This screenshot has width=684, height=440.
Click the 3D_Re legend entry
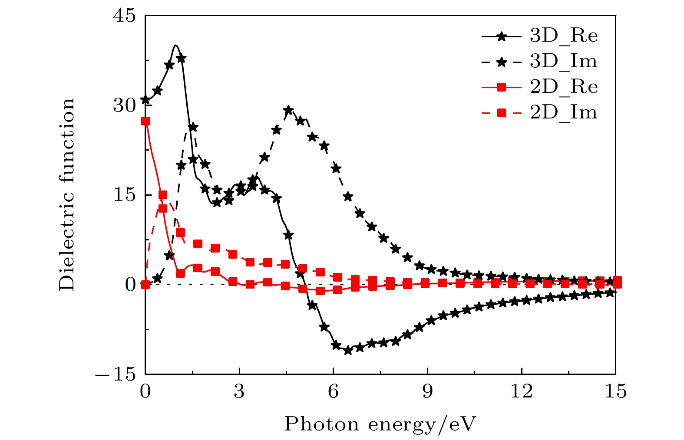tap(540, 36)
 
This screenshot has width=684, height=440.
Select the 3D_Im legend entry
tap(540, 62)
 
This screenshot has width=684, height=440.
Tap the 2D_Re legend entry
tap(540, 87)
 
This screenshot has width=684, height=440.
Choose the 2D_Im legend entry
tap(540, 113)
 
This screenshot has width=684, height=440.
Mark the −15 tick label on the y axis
tap(117, 374)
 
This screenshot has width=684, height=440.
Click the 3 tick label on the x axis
tap(239, 392)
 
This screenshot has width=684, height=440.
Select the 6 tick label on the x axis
tap(333, 392)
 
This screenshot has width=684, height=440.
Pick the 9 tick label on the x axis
tap(427, 392)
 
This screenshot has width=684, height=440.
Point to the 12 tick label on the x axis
tap(522, 392)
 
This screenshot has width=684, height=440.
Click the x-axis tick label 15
tap(615, 392)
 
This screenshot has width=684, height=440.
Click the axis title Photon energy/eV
tap(380, 424)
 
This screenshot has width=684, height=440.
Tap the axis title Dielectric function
tap(67, 194)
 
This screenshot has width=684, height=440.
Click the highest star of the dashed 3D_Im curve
tap(289, 110)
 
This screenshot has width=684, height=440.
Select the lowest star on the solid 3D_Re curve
tap(347, 350)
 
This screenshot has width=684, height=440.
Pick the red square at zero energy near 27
tap(145, 121)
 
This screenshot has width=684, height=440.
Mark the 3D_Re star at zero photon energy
tap(145, 100)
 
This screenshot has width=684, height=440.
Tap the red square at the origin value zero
tap(145, 284)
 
